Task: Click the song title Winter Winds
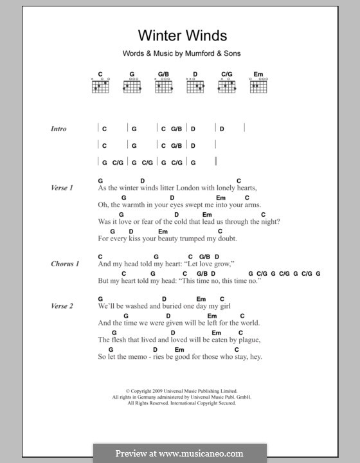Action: point(174,37)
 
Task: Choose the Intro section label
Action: point(59,129)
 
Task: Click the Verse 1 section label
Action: point(62,188)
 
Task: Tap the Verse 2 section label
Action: point(62,305)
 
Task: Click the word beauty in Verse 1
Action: point(169,239)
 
